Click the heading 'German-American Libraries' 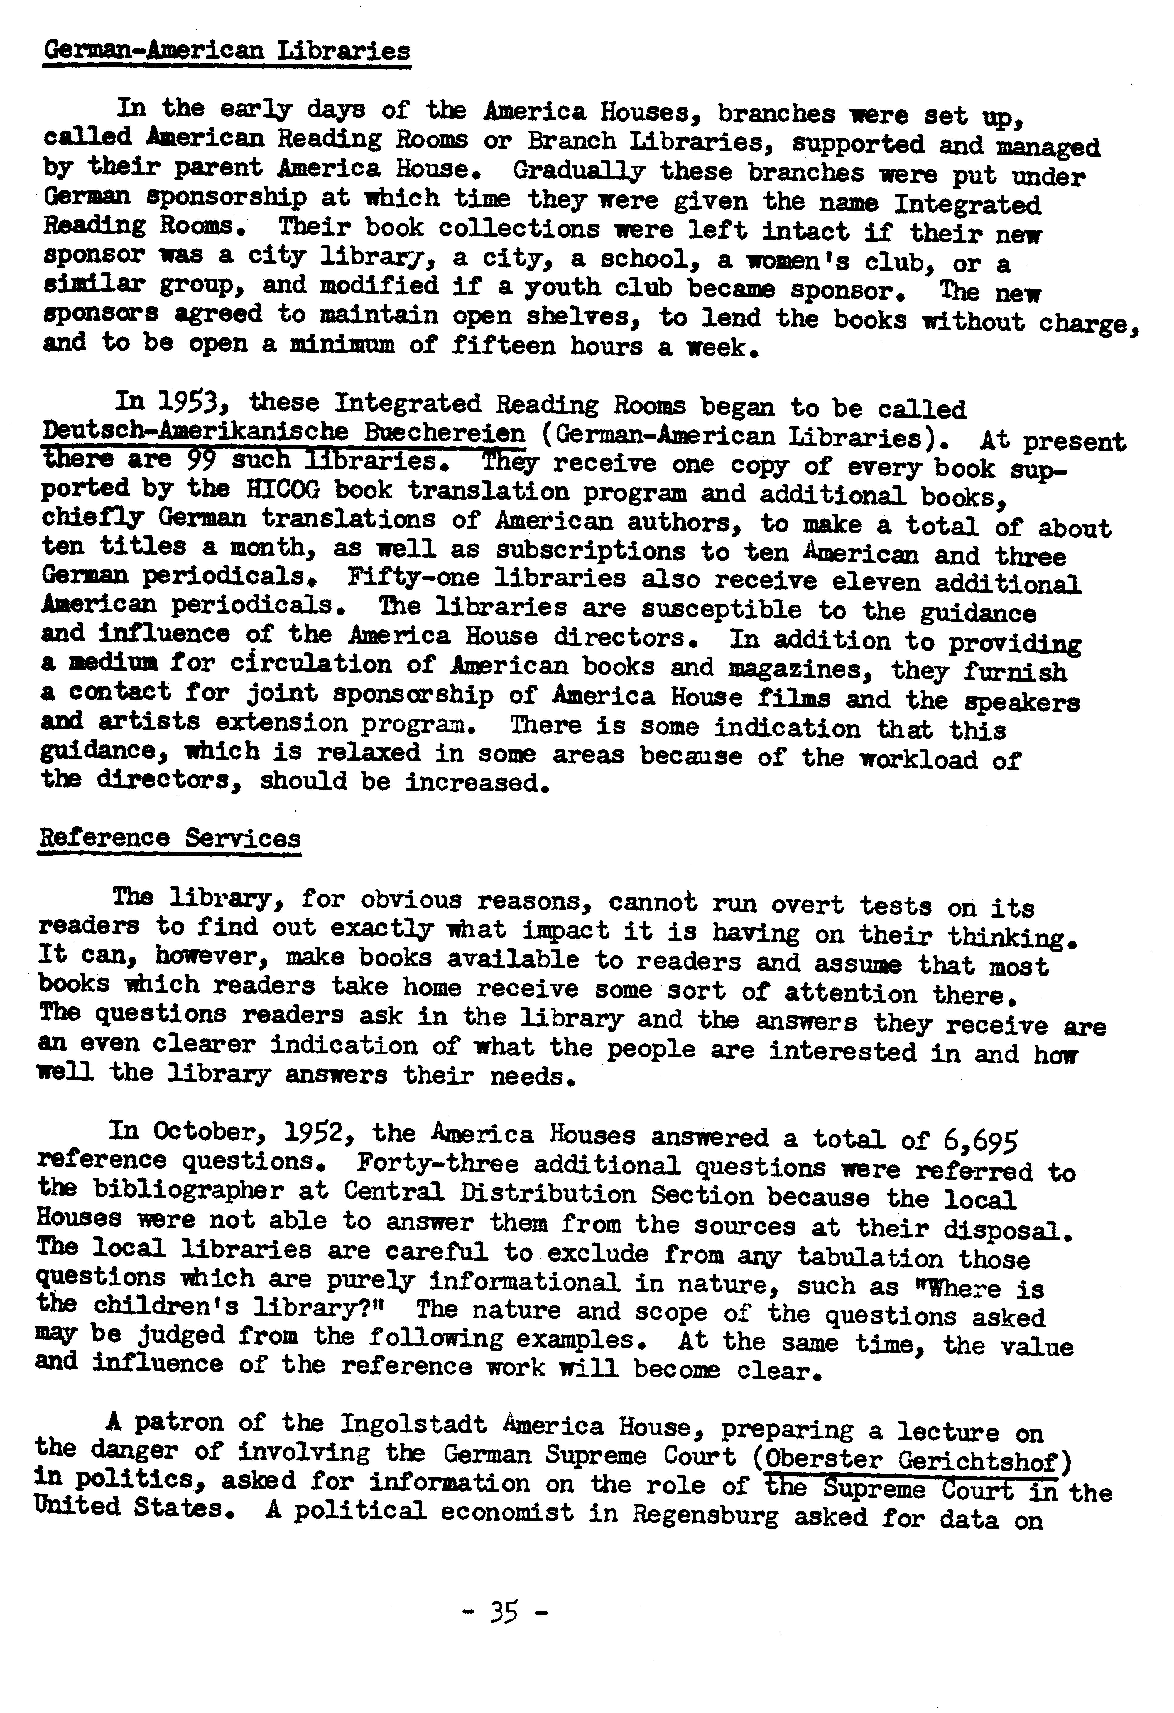[x=227, y=52]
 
